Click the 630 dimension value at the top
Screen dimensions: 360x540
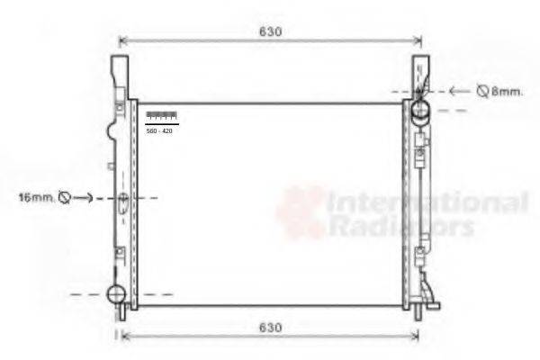(271, 31)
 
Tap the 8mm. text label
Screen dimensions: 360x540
(507, 91)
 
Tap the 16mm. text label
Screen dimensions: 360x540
(35, 195)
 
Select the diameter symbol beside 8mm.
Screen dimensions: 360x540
(482, 91)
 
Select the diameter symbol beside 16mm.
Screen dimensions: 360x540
(63, 196)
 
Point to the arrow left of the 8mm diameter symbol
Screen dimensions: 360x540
(460, 91)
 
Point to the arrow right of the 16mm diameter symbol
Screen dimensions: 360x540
(82, 196)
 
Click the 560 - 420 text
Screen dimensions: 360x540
(160, 131)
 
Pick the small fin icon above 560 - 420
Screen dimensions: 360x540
(161, 115)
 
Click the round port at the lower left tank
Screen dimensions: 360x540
(116, 293)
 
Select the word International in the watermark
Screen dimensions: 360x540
(427, 202)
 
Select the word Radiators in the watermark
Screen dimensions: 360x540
(401, 226)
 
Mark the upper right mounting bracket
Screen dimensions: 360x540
(420, 73)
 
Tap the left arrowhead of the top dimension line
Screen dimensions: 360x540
(122, 40)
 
